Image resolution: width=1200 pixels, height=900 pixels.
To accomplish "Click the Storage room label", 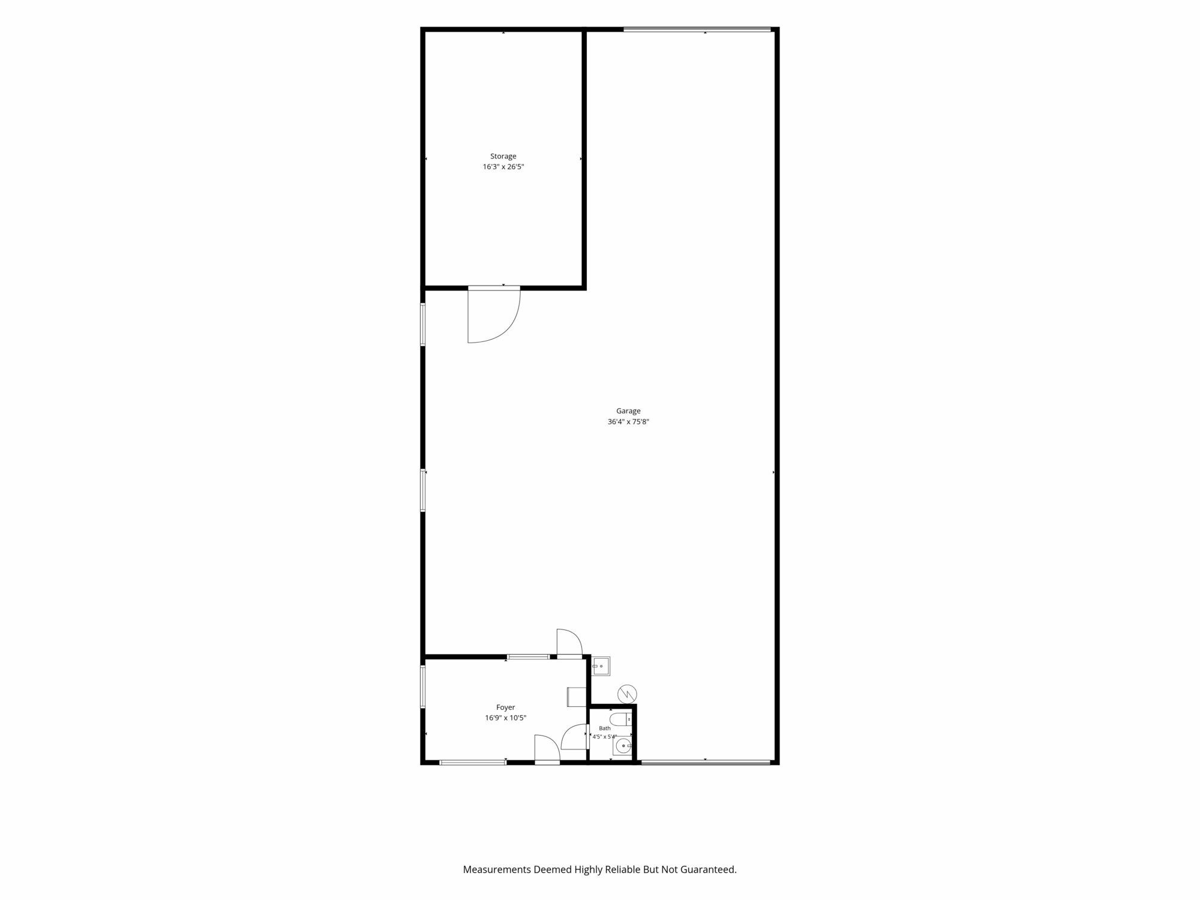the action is point(503,156).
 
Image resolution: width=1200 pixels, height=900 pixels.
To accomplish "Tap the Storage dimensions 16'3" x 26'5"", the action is point(503,167).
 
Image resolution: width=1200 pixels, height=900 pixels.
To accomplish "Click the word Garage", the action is point(628,411).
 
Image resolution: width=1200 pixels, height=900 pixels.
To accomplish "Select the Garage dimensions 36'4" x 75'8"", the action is point(628,422).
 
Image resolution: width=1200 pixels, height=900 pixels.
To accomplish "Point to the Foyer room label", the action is point(505,707).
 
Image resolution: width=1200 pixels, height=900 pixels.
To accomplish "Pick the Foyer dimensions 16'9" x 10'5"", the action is point(506,718).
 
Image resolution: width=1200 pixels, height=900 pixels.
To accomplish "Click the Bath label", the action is point(604,728).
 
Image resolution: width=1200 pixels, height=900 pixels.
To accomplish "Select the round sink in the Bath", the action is point(623,747).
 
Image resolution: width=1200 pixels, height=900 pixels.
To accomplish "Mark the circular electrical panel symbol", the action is point(627,694).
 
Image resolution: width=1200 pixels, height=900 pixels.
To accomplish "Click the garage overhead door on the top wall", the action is point(697,29).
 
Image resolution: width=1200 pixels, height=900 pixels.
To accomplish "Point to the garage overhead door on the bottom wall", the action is point(706,763).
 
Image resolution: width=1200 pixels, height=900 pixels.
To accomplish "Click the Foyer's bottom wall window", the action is point(473,763).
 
